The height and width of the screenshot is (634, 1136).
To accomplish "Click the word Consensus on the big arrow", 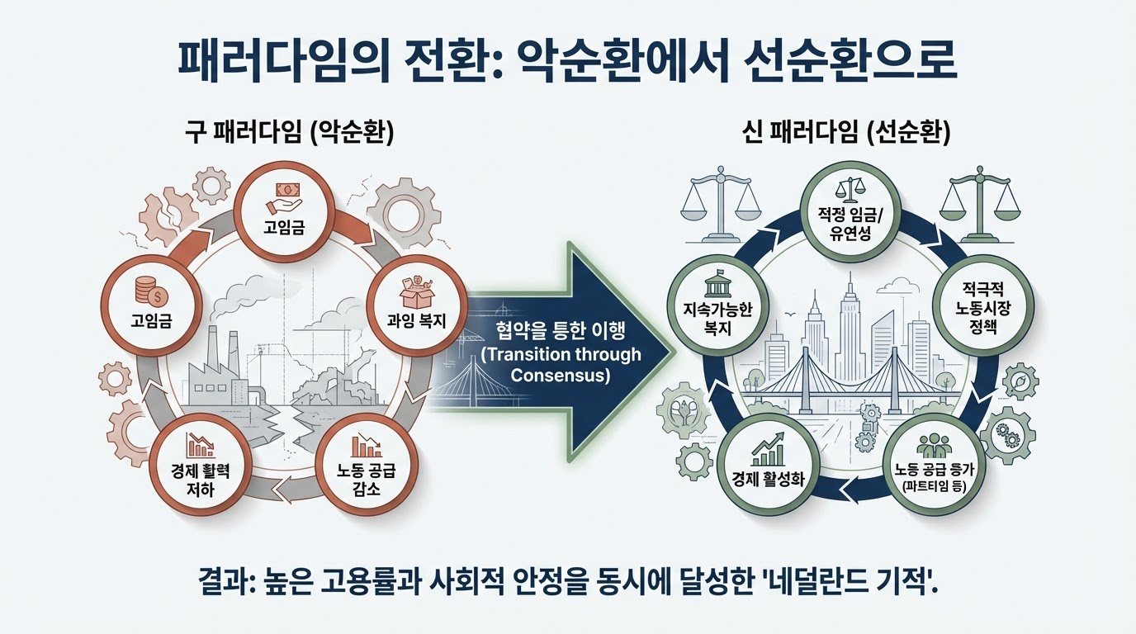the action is point(560,376).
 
